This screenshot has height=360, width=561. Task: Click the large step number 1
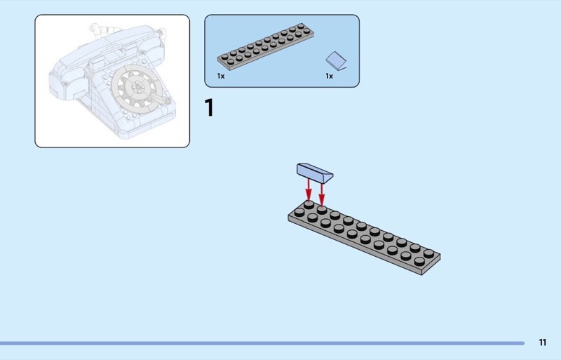(x=209, y=107)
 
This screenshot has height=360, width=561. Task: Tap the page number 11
(x=542, y=342)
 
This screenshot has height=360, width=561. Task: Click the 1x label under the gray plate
(x=221, y=76)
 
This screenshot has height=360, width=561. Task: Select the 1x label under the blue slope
(x=329, y=76)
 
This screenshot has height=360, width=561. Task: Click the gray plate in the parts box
(x=266, y=46)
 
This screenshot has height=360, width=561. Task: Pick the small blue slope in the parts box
(x=336, y=61)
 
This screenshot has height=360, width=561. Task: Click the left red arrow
(x=309, y=190)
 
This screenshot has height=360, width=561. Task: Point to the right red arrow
(x=322, y=194)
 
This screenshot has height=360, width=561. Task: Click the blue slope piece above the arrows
(x=315, y=173)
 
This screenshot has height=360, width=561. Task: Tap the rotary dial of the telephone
(x=137, y=89)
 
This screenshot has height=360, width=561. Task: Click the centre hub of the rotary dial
(x=137, y=87)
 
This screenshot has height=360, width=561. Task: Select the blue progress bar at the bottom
(x=262, y=343)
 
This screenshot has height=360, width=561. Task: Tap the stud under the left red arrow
(x=309, y=204)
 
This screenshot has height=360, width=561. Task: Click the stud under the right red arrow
(x=322, y=210)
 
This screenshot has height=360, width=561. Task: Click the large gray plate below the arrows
(x=364, y=237)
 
